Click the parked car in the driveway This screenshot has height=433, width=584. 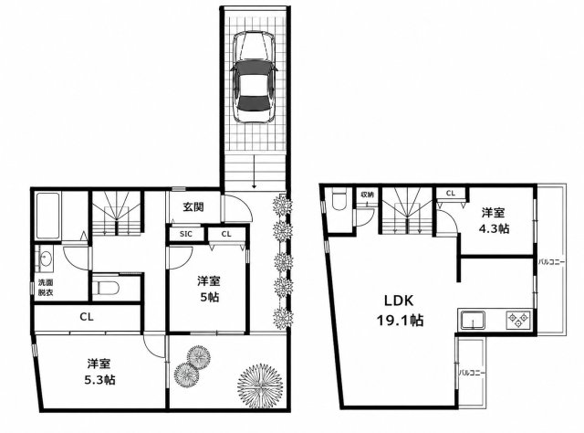point(253,77)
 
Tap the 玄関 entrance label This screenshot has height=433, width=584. point(193,207)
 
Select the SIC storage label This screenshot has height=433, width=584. point(186,234)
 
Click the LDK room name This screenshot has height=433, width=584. point(399,301)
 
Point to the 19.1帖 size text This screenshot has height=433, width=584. point(400,320)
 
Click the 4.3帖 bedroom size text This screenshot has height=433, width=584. point(494,228)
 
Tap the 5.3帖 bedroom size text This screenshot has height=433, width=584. point(99,380)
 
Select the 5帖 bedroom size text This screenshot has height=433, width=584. point(209,297)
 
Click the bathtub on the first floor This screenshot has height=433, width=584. point(47,216)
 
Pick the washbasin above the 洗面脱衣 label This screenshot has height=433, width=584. point(46,259)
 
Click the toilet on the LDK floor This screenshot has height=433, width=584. point(339,202)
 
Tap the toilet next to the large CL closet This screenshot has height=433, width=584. point(106,288)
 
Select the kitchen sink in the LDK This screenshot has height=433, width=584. point(473,321)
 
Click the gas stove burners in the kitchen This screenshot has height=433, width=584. point(517,320)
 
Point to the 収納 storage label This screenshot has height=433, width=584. point(367,195)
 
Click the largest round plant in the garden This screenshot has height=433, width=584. point(259,385)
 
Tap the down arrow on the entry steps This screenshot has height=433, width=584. point(254,171)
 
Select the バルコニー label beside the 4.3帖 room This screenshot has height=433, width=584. point(551,262)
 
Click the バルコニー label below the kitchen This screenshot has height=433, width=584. point(471,372)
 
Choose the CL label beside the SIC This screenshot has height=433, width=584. point(226,234)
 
